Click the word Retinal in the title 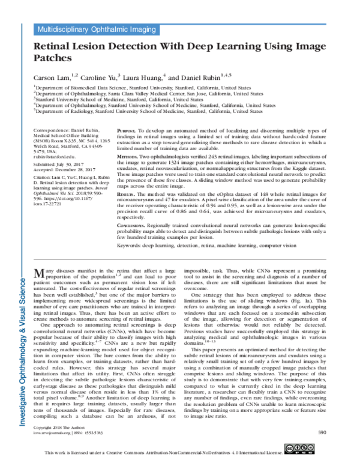(56, 46)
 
